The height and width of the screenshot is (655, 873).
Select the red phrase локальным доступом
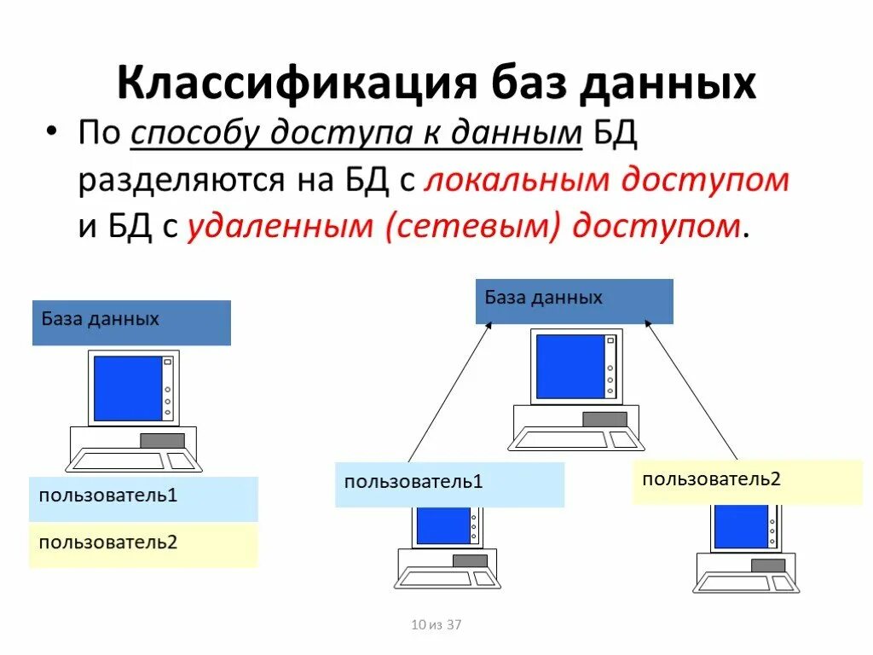(605, 180)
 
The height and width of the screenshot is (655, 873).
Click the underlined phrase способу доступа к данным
(356, 134)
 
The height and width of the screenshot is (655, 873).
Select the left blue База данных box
(131, 322)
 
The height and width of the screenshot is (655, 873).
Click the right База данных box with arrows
(574, 301)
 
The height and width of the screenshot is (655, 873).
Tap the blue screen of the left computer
(127, 388)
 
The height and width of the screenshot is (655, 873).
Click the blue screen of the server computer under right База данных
(569, 365)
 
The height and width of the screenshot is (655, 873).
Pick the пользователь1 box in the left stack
(143, 499)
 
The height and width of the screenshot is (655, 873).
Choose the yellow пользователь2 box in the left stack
(143, 545)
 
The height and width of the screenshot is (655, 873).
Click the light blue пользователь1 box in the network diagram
(449, 484)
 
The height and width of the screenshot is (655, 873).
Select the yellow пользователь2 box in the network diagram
(747, 481)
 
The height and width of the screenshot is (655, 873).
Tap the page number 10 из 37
(436, 625)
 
